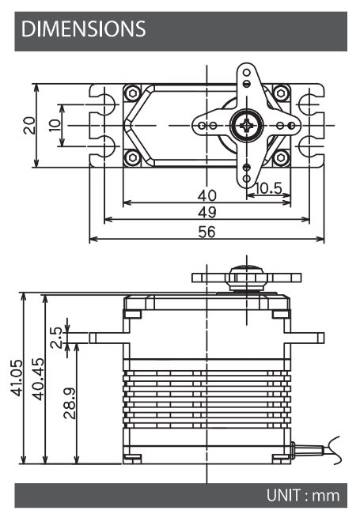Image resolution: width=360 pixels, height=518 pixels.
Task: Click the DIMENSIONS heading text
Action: [x=83, y=28]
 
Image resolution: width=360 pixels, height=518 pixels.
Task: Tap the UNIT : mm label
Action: [x=303, y=496]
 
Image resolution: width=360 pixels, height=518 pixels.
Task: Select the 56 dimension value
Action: [x=207, y=232]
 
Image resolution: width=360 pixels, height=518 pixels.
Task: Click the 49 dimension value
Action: [x=207, y=212]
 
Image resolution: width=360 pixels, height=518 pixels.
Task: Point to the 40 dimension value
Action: [x=207, y=195]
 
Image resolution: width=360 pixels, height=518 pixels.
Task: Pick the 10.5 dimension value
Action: [x=268, y=188]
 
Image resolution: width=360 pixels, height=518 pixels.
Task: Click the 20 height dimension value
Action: [x=29, y=125]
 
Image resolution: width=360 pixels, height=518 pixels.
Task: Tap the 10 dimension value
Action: [x=55, y=126]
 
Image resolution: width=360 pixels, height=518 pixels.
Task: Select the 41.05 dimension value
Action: [x=17, y=377]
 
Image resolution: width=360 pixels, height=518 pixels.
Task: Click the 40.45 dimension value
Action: [x=38, y=379]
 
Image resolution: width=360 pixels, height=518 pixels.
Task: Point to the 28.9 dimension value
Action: [x=70, y=403]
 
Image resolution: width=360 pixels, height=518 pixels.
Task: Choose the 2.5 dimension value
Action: [x=56, y=338]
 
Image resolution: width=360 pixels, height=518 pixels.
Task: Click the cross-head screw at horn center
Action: [x=247, y=126]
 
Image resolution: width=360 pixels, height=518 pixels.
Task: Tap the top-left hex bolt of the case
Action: [x=133, y=93]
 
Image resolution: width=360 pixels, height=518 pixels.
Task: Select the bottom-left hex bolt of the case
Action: [x=133, y=157]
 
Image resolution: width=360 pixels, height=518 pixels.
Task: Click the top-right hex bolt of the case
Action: [x=281, y=93]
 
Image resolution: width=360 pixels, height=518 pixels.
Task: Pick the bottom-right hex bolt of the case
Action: [x=281, y=157]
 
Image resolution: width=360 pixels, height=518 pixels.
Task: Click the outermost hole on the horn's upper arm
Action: [x=247, y=72]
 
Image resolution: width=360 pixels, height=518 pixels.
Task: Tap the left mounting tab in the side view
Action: [x=109, y=338]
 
